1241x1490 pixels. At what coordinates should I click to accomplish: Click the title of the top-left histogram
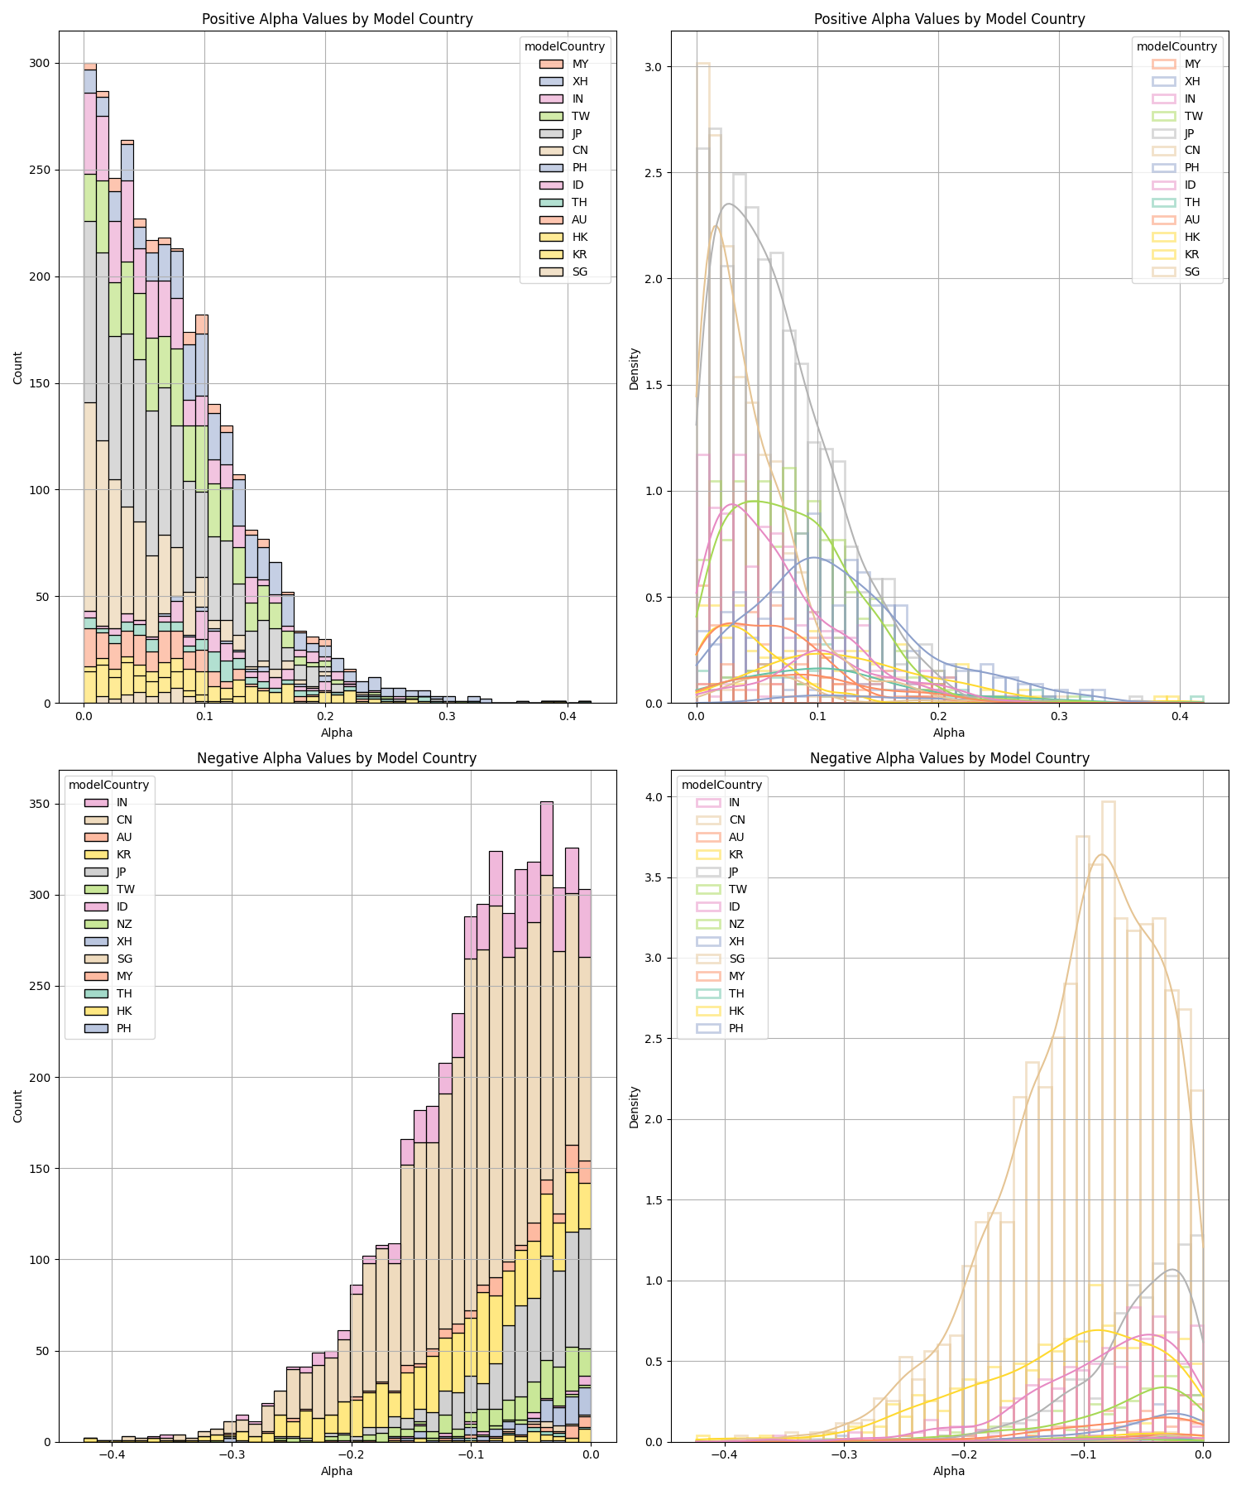click(337, 19)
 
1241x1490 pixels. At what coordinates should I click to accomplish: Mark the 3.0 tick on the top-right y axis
click(659, 67)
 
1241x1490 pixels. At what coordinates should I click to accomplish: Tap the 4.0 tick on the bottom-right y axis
click(659, 797)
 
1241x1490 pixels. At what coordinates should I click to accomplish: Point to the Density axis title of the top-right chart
click(634, 368)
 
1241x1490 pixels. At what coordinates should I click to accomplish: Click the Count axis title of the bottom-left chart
click(18, 1106)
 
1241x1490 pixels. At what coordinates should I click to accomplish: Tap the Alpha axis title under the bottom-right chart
click(949, 1471)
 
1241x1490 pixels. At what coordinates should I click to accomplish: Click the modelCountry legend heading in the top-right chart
click(1176, 47)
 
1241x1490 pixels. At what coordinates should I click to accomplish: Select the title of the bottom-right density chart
click(949, 758)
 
